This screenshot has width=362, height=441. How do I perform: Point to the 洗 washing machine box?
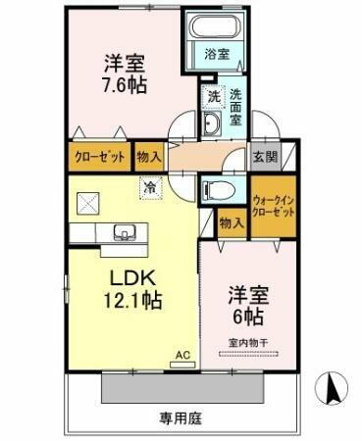(x=213, y=97)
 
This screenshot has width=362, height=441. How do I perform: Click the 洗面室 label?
(x=237, y=108)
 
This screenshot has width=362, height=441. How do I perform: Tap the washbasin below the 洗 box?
(x=213, y=122)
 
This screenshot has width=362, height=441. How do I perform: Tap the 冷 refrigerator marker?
(x=150, y=183)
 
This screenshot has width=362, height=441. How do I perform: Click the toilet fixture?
(x=217, y=189)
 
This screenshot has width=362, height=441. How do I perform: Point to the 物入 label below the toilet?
(x=232, y=222)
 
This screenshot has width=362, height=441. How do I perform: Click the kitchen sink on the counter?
(x=124, y=233)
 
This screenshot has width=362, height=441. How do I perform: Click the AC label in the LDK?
(x=181, y=354)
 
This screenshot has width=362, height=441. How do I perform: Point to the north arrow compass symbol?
(x=334, y=389)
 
